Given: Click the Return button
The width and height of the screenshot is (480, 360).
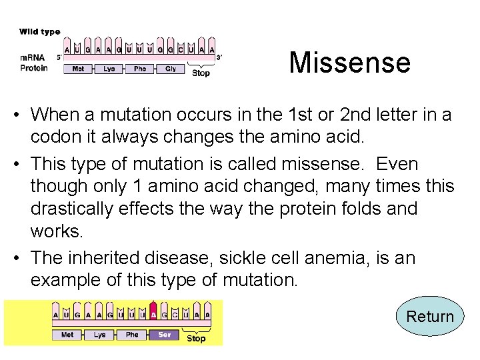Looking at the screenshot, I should pyautogui.click(x=430, y=316).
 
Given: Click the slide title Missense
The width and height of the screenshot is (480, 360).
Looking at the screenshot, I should pyautogui.click(x=349, y=63).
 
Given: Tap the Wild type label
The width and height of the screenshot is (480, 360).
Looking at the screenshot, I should pyautogui.click(x=40, y=31).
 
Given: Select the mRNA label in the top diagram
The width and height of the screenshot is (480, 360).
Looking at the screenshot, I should pyautogui.click(x=31, y=57).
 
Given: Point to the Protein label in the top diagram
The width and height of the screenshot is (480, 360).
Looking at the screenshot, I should pyautogui.click(x=34, y=68).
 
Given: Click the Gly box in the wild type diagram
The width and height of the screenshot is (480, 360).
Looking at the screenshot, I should pyautogui.click(x=171, y=69).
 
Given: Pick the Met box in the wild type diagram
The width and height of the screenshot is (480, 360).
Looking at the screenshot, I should pyautogui.click(x=78, y=69).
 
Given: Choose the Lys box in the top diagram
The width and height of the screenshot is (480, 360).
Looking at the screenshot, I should pyautogui.click(x=109, y=69).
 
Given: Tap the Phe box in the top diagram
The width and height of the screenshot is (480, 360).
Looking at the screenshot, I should pyautogui.click(x=140, y=69).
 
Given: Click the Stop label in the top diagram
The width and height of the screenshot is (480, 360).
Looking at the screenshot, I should pyautogui.click(x=201, y=73).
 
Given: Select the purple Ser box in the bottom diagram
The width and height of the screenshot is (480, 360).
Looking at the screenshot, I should pyautogui.click(x=164, y=335).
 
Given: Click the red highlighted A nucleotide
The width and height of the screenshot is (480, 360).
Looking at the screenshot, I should pyautogui.click(x=154, y=315).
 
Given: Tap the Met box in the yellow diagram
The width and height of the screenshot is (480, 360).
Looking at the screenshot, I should pyautogui.click(x=67, y=335).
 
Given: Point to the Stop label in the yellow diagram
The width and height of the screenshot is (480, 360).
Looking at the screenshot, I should pyautogui.click(x=196, y=339).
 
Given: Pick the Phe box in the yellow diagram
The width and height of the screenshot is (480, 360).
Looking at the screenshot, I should pyautogui.click(x=132, y=335).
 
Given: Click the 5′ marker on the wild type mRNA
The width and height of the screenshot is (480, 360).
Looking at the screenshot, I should pyautogui.click(x=59, y=57).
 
